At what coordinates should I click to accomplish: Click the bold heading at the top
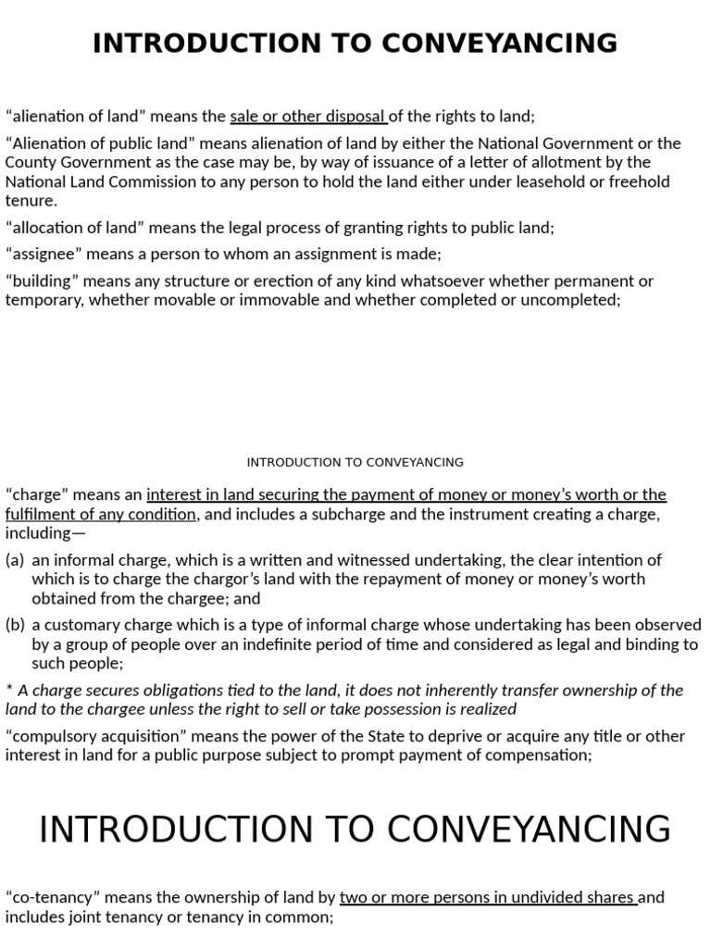pos(355,43)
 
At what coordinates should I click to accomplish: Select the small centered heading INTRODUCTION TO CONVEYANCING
pos(355,462)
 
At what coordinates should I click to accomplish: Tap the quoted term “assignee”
pos(42,254)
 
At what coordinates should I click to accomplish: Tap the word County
pos(28,162)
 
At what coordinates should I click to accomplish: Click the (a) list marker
pos(15,560)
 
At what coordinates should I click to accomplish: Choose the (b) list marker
pos(15,625)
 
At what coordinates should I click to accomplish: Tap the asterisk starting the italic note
pos(8,690)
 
